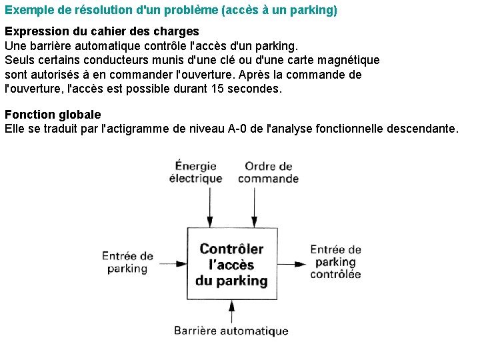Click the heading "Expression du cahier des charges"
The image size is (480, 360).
[x=102, y=31]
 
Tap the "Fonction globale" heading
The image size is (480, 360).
[x=53, y=115]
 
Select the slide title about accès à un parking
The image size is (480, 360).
[x=171, y=11]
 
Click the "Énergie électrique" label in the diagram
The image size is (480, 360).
[x=195, y=172]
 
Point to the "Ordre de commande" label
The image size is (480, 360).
[x=268, y=172]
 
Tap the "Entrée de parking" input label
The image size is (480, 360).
[x=127, y=262]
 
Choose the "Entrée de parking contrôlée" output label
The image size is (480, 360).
[x=335, y=261]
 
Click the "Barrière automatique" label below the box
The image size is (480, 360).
[x=231, y=331]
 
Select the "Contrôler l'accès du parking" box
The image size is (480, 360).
[x=231, y=265]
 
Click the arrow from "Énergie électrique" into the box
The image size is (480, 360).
[x=210, y=207]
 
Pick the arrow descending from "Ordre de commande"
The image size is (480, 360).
[x=253, y=207]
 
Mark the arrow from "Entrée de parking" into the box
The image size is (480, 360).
[x=170, y=264]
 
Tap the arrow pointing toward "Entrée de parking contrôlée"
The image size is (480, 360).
[x=291, y=264]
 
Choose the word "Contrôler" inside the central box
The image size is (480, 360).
[x=231, y=249]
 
